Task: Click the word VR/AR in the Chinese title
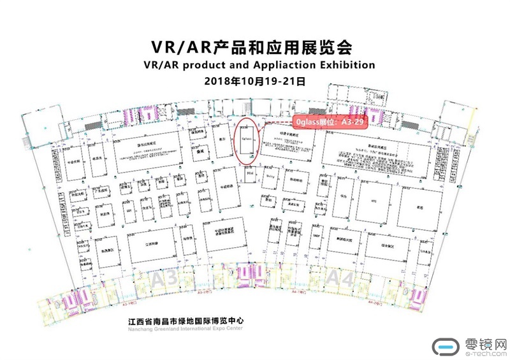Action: pos(180,47)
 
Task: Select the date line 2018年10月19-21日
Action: pos(256,82)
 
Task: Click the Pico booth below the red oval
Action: pos(249,172)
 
